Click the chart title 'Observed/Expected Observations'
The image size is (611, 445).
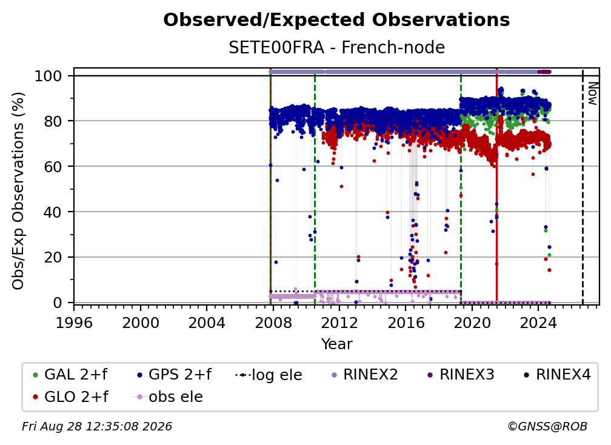[x=336, y=20]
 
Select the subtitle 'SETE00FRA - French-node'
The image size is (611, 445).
[x=336, y=47]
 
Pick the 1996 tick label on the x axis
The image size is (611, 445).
[x=74, y=323]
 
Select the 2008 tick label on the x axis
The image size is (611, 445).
[x=273, y=323]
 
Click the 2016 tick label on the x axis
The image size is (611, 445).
[x=406, y=323]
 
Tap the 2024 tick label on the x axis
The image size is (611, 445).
[x=538, y=323]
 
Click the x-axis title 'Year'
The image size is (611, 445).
[x=336, y=344]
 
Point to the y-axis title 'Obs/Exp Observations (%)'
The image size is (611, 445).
[x=18, y=191]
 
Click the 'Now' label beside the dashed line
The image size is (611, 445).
[x=592, y=93]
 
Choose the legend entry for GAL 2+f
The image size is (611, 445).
[x=70, y=375]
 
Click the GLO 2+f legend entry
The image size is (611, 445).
[x=70, y=397]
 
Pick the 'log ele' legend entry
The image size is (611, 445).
[x=269, y=375]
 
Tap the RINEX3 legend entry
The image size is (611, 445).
[x=460, y=375]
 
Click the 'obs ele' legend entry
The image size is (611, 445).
[x=168, y=397]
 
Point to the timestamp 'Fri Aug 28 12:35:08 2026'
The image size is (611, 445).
[x=96, y=426]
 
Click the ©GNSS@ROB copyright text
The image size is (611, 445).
[x=547, y=426]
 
